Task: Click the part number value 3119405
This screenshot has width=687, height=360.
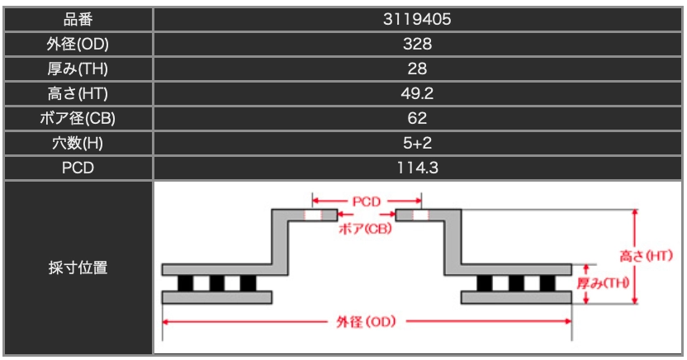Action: [x=417, y=19]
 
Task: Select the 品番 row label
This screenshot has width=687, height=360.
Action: [x=78, y=19]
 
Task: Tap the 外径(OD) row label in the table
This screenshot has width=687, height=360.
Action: [x=78, y=45]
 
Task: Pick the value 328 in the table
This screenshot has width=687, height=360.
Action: [x=417, y=45]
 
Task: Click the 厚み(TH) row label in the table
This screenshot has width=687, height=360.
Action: [x=78, y=69]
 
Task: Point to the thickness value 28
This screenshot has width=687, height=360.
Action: [x=417, y=69]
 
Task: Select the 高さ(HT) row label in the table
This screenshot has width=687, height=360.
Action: [x=78, y=94]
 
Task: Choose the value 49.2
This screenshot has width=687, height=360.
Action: [x=417, y=94]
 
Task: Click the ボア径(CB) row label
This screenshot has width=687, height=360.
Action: [x=78, y=118]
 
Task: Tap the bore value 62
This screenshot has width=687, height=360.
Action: [x=417, y=118]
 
